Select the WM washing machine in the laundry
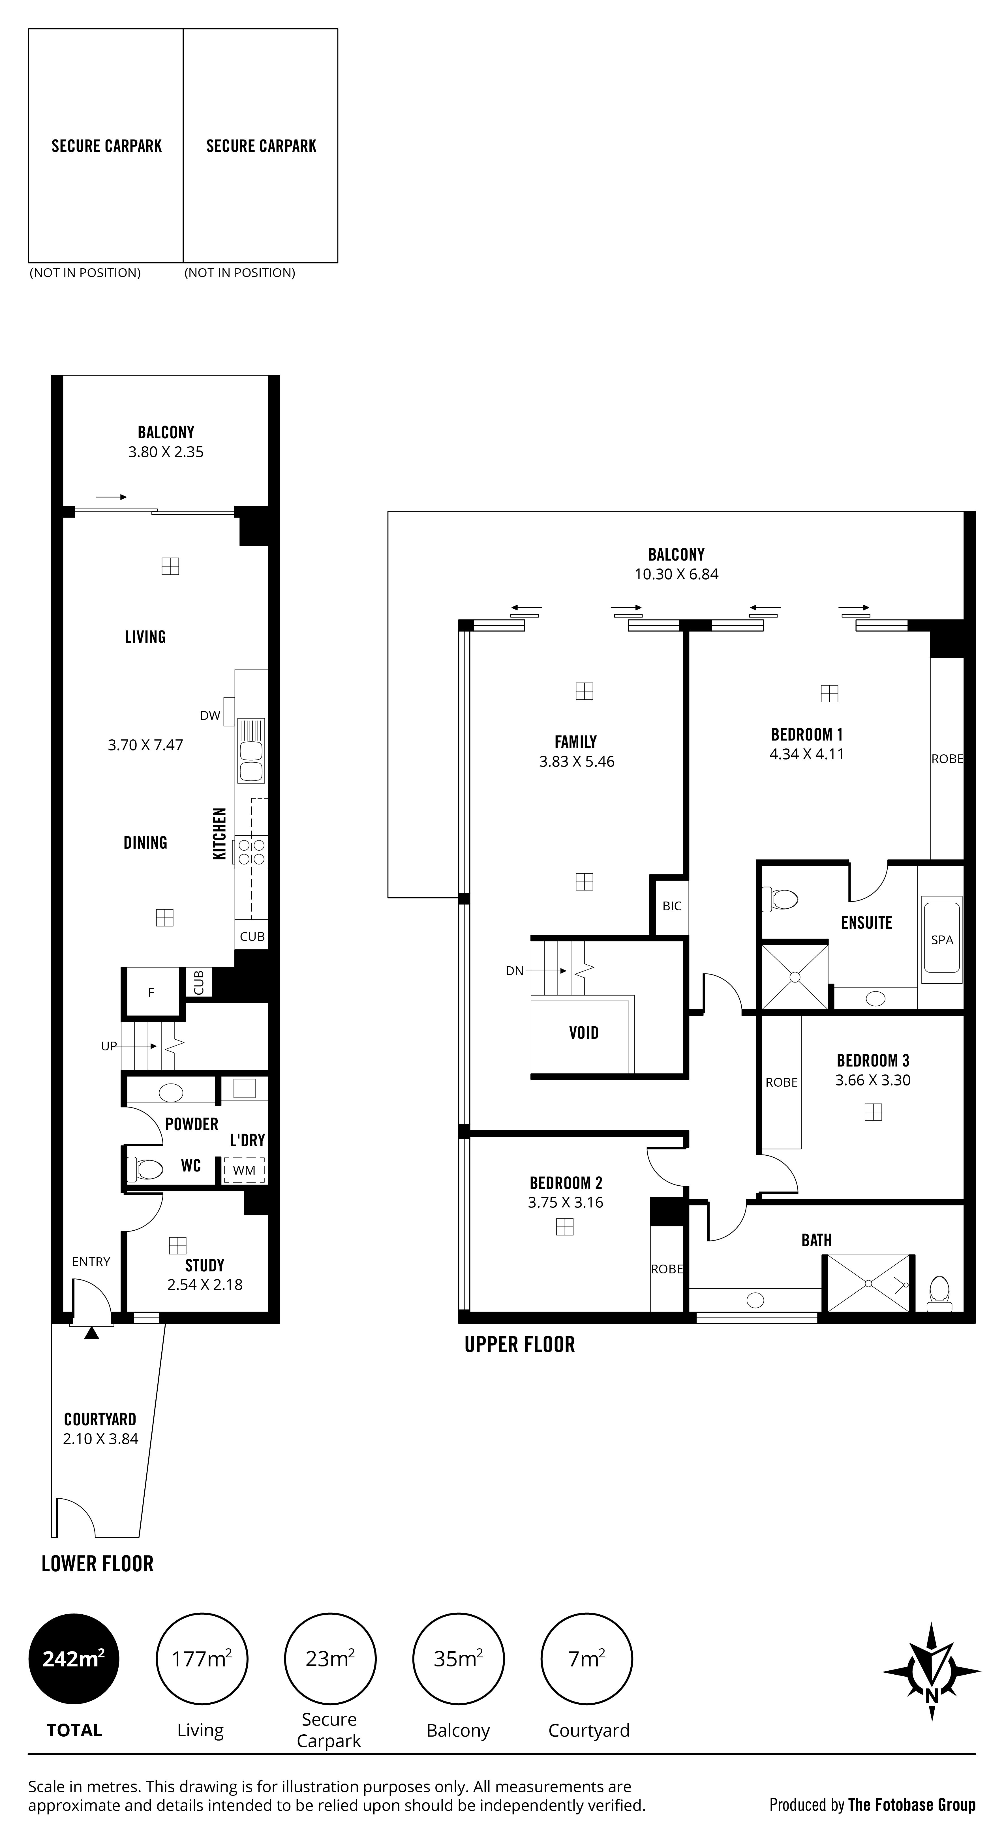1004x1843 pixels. pos(244,1170)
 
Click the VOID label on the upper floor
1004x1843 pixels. pos(584,1032)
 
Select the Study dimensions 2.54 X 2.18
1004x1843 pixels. pos(205,1284)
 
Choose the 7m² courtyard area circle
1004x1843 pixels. pos(587,1659)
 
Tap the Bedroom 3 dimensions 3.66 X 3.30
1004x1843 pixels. pos(873,1080)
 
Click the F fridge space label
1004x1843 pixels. pos(151,992)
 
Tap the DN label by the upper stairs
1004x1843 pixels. pos(515,971)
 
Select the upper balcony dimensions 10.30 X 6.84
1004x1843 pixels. pos(676,574)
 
